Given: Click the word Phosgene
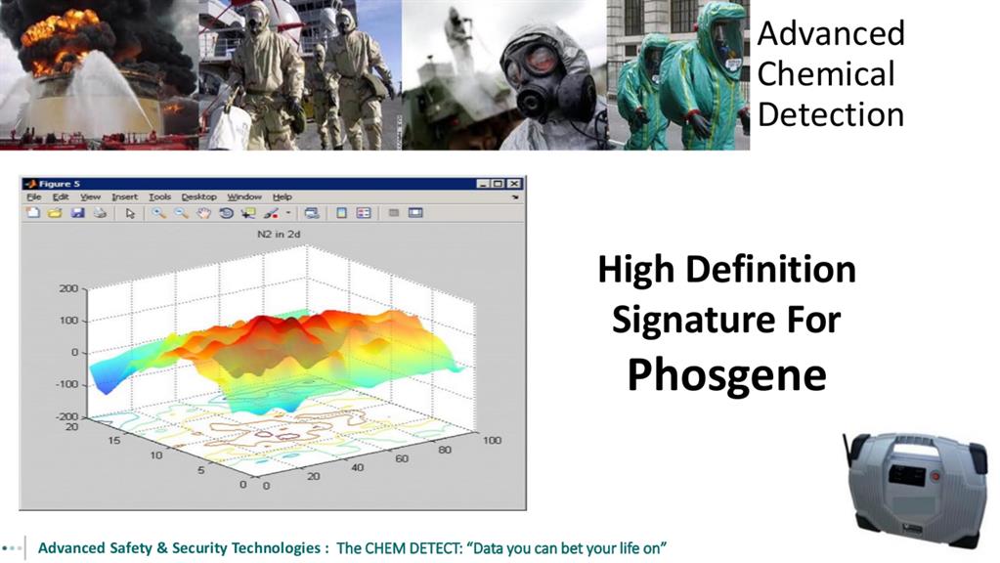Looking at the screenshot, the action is pos(727,376).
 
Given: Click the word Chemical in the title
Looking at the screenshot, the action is pos(826,74).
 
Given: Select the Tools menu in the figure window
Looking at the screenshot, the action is pos(159,197).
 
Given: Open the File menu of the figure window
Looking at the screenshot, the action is pos(34,197).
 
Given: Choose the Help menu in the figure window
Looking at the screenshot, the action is pos(282,197).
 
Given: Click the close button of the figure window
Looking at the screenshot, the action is pos(514,184).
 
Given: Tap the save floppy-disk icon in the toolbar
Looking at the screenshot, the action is pos(78,213).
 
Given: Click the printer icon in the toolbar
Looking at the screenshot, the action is pos(100,213).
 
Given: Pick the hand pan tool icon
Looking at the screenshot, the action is pos(203,213).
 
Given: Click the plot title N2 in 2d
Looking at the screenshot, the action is pos(279,234).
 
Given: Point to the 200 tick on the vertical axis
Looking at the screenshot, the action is pos(68,288).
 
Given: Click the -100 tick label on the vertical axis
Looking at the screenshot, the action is pos(66,384).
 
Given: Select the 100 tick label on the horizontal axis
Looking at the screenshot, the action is pos(492,440).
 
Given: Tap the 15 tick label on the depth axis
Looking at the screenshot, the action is pos(113,440).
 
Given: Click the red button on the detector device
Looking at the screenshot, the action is pos(935,476).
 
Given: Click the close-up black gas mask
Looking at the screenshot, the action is pos(548,80).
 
